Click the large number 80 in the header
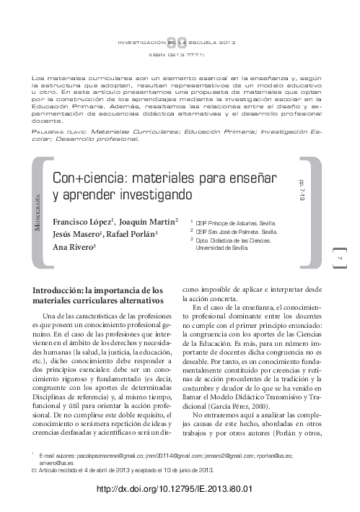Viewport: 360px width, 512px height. coord(180,43)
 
